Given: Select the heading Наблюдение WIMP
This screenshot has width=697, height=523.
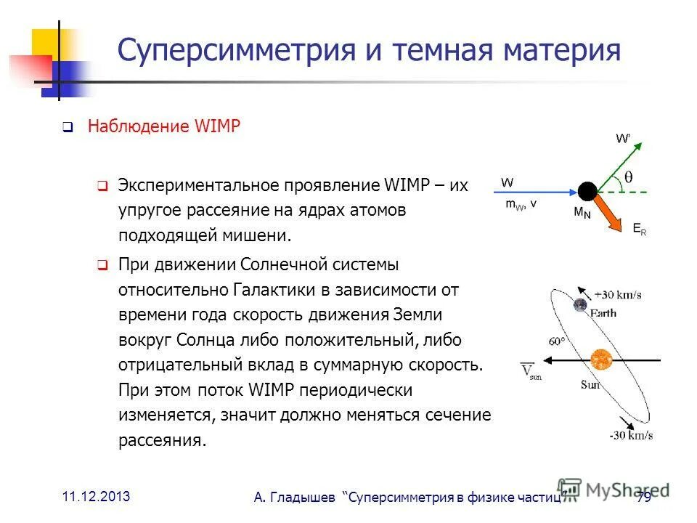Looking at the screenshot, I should [x=163, y=126].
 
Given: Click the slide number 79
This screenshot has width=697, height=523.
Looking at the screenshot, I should [x=643, y=497].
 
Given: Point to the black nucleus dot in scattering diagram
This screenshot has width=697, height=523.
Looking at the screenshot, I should [x=587, y=191].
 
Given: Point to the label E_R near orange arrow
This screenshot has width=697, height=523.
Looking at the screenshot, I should [x=639, y=228].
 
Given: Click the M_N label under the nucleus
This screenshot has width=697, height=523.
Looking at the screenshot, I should [x=582, y=214].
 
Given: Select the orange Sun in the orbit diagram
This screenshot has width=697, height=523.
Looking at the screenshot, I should [x=601, y=360].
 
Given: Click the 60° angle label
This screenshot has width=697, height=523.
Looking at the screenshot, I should [x=557, y=341].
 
